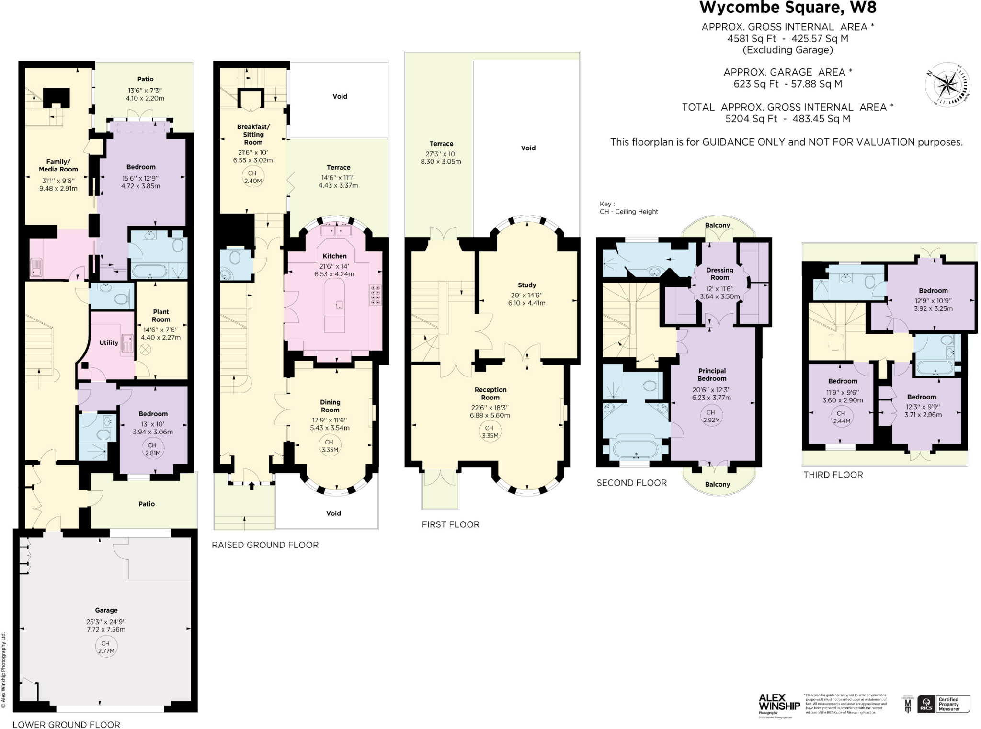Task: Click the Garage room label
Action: click(106, 610)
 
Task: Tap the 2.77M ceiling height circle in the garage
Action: click(106, 647)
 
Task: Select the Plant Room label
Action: click(161, 315)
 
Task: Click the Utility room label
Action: click(109, 342)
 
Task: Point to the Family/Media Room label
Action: click(58, 165)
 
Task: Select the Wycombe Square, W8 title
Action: click(788, 8)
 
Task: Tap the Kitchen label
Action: click(334, 256)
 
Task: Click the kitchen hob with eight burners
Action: click(376, 295)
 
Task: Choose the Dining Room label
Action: click(330, 406)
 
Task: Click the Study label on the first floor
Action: click(527, 285)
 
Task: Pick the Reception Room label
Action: click(490, 393)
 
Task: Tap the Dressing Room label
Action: click(719, 273)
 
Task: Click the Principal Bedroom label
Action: click(712, 374)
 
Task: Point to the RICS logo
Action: click(925, 705)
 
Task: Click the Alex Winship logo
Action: click(779, 704)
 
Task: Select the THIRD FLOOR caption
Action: click(833, 475)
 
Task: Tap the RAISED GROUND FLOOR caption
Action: click(265, 545)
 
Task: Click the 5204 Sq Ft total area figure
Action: click(751, 119)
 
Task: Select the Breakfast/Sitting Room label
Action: click(253, 134)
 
